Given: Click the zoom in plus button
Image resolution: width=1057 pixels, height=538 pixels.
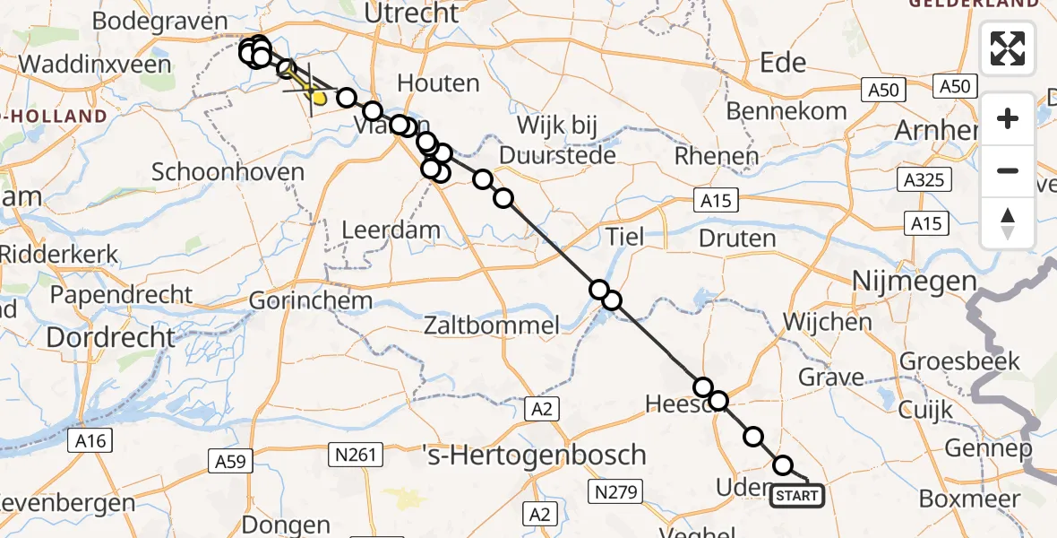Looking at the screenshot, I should tap(1008, 118).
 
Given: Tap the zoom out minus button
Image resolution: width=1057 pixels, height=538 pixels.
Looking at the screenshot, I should tap(1008, 170).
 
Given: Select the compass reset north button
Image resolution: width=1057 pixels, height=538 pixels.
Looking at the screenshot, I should tap(1008, 222).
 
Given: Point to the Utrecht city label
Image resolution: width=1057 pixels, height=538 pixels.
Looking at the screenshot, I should tap(412, 13).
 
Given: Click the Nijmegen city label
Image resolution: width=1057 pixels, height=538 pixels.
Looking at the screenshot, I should tap(900, 282).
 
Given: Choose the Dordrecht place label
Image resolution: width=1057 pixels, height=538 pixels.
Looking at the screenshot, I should tap(110, 337).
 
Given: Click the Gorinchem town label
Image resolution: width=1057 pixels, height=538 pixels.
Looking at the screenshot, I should tap(310, 300).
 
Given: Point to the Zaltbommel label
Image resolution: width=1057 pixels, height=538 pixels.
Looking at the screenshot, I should tap(493, 325).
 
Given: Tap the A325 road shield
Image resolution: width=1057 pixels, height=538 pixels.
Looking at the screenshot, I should tap(924, 180).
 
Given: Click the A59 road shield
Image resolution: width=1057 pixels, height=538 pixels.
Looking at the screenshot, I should tap(232, 462).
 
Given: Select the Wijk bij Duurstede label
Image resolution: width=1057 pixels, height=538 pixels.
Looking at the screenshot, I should tap(557, 139).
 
